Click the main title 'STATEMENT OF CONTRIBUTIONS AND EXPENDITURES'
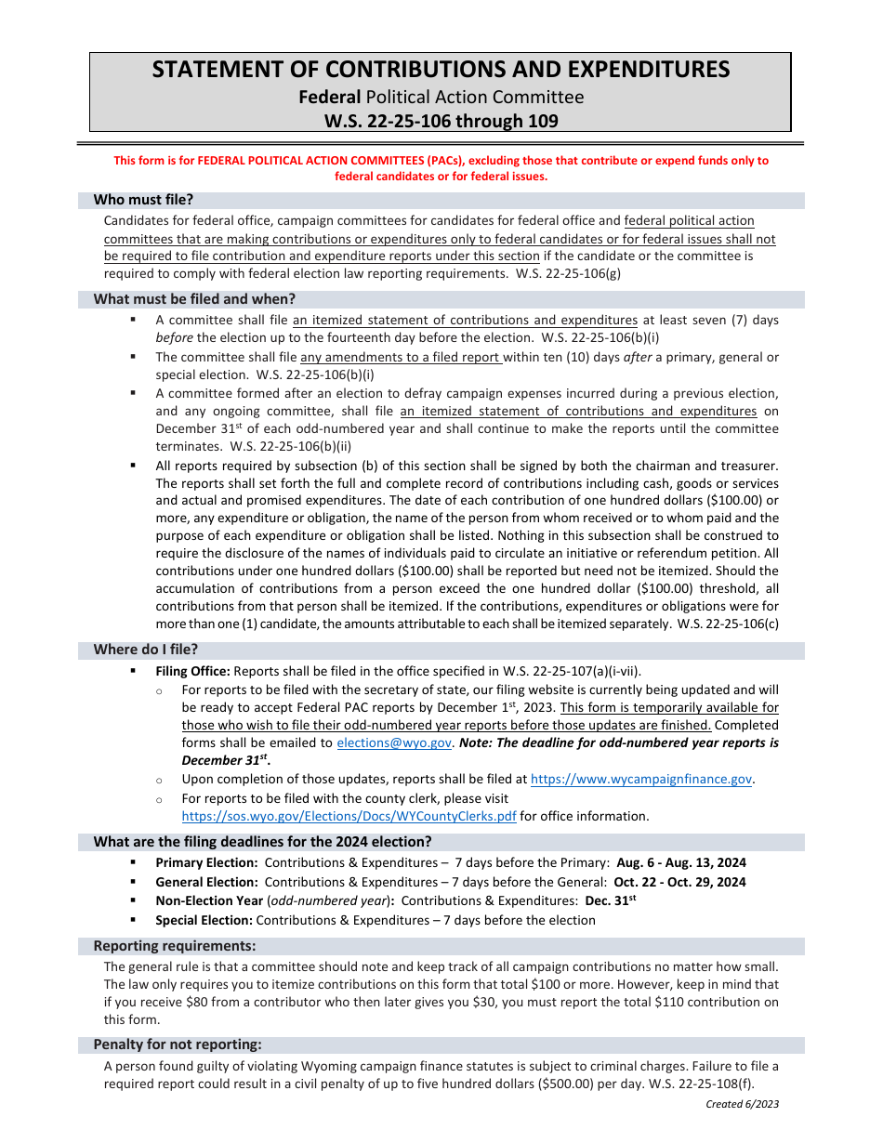click(441, 70)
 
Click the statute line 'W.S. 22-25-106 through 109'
click(441, 121)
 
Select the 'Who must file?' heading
click(143, 200)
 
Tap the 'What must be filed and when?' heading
click(194, 299)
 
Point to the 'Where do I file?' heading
click(145, 650)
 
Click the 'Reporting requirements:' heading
click(174, 946)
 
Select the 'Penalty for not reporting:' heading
click(177, 1044)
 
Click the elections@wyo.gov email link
click(394, 743)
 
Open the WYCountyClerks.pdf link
click(349, 816)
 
